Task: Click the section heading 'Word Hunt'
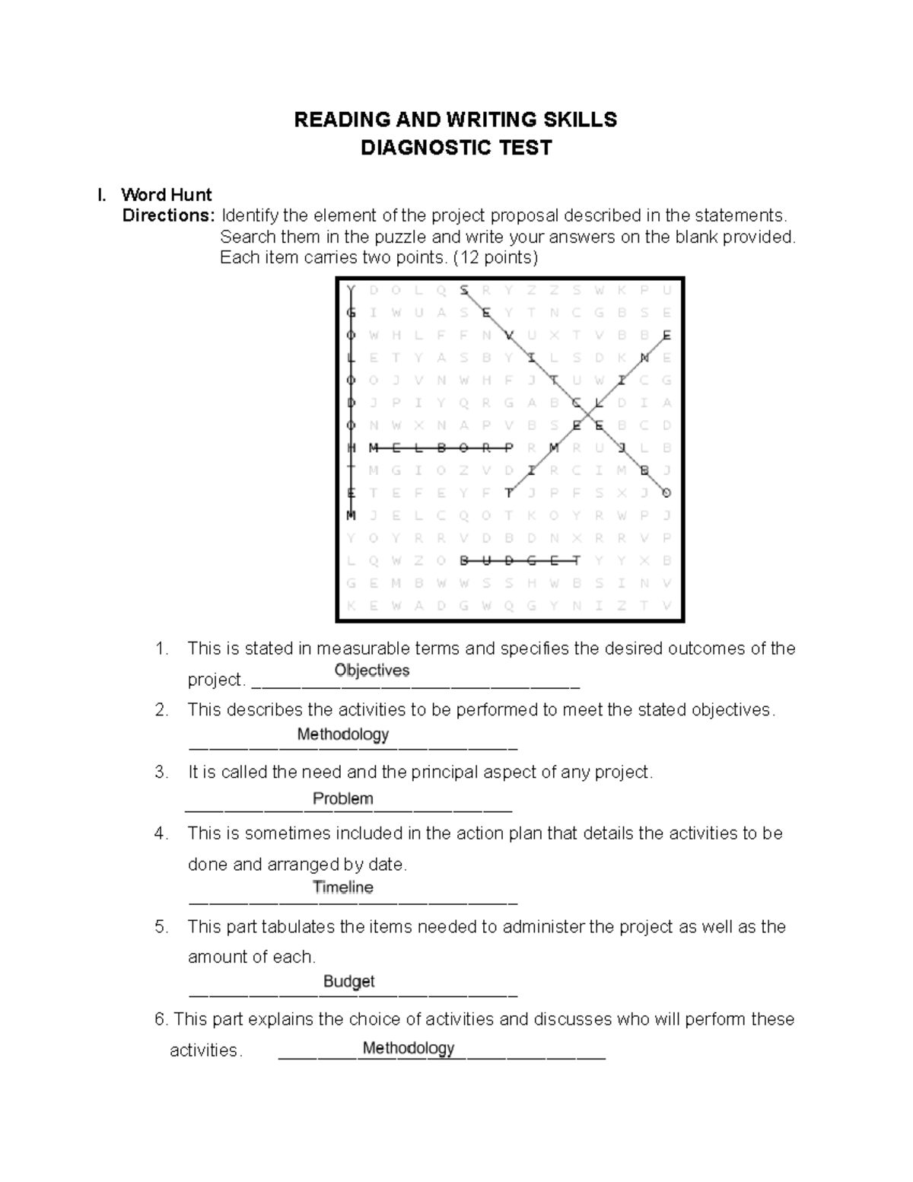(x=166, y=195)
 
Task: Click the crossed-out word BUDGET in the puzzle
(x=520, y=561)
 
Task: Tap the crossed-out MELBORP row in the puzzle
(x=441, y=448)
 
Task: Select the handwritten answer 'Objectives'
(x=372, y=671)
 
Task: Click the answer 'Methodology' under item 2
(x=342, y=734)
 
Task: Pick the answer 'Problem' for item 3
(x=342, y=798)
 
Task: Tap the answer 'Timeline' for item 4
(x=342, y=887)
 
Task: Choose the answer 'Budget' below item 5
(x=348, y=981)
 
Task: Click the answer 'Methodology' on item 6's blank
(x=408, y=1048)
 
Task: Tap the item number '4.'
(x=161, y=833)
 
